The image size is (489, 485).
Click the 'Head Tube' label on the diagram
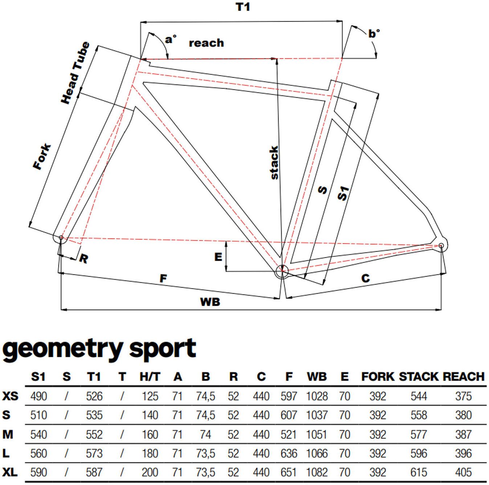76,73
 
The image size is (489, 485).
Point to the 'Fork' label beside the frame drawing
42,156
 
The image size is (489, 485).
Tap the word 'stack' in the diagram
274,163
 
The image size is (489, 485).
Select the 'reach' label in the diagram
206,43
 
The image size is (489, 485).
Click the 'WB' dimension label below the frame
210,302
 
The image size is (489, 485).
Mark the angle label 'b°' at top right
374,33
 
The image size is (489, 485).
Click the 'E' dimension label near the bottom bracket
218,257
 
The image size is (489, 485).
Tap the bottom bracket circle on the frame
282,271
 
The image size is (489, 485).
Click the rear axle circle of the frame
441,245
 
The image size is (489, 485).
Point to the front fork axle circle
61,237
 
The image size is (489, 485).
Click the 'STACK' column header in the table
419,376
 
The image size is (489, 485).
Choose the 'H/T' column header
150,376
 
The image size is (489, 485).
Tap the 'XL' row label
10,472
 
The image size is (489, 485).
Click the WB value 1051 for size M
317,435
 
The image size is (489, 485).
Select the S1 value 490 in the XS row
38,396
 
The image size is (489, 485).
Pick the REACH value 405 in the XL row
463,472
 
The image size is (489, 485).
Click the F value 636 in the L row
289,453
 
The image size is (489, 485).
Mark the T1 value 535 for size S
94,415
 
